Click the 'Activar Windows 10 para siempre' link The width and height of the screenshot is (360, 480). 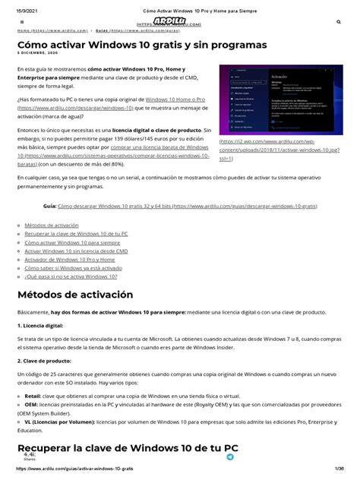[x=67, y=242]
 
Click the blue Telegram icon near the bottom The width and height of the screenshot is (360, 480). [x=230, y=457]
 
